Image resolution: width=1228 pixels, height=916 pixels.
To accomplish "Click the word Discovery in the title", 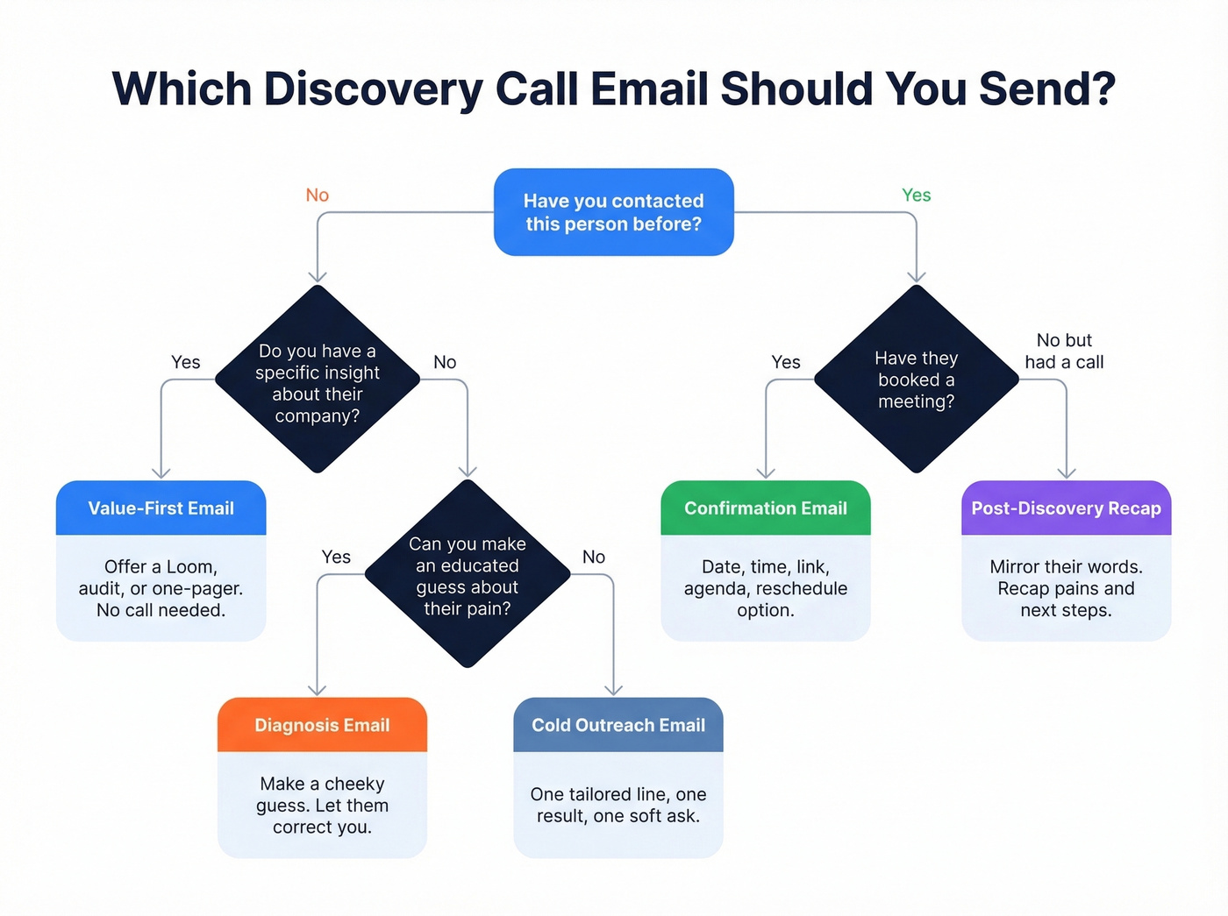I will click(373, 89).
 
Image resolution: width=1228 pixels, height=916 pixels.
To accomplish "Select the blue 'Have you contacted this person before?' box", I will click(613, 212).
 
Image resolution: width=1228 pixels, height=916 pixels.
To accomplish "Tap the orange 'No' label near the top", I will click(317, 195).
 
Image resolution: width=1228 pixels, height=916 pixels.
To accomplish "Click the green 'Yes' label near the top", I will click(916, 195).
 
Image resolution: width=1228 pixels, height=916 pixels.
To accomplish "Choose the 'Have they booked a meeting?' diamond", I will click(916, 379).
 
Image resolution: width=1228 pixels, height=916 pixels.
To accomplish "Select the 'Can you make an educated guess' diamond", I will click(467, 575).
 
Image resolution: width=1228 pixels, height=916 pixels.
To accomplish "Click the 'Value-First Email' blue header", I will click(161, 508).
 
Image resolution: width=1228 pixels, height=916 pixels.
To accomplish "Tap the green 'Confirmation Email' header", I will click(765, 508).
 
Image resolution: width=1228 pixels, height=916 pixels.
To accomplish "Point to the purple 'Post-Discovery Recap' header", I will click(1066, 508).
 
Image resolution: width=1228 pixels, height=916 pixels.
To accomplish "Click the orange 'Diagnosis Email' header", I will click(322, 725).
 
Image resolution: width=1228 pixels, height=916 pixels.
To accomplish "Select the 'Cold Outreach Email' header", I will click(618, 725).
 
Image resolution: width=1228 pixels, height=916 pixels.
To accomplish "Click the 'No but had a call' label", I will click(1064, 351).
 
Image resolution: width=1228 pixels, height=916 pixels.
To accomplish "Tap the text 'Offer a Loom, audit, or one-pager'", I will click(161, 588).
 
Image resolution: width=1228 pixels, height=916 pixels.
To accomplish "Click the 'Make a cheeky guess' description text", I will click(322, 805).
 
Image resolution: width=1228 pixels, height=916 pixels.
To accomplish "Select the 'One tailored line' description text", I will click(618, 805).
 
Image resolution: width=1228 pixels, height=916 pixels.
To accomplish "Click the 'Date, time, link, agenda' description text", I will click(765, 588).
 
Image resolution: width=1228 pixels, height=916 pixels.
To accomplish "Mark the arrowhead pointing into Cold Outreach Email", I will click(614, 690).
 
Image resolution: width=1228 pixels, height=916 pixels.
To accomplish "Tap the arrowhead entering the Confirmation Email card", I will click(766, 472).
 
